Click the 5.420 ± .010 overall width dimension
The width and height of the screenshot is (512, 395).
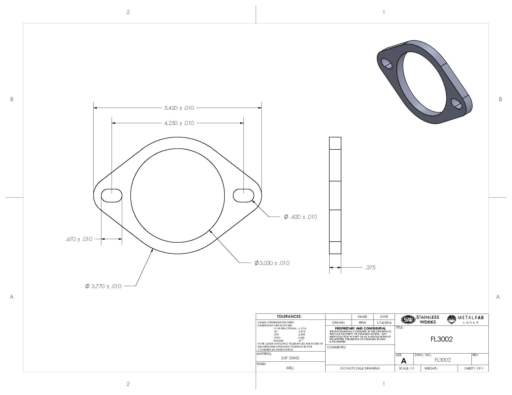[x=179, y=108]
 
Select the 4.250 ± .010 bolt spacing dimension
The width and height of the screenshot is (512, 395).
[x=179, y=123]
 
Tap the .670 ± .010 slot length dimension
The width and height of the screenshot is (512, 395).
[x=79, y=239]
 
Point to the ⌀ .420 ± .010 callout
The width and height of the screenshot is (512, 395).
[x=300, y=217]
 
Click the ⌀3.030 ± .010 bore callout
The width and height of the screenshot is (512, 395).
[x=272, y=263]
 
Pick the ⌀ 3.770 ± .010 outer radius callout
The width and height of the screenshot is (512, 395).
[x=103, y=286]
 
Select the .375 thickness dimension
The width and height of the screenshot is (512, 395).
[x=370, y=268]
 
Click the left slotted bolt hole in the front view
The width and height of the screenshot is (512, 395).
[x=112, y=195]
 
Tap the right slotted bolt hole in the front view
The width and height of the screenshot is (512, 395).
[x=243, y=195]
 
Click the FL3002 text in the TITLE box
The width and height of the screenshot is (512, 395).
[x=441, y=339]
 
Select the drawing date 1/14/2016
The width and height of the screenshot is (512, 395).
[x=384, y=323]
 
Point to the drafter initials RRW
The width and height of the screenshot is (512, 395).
[x=362, y=323]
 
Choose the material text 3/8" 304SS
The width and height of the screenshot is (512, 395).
[x=290, y=358]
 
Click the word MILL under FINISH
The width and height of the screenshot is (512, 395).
[x=290, y=368]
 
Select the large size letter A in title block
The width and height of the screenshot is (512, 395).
[x=403, y=361]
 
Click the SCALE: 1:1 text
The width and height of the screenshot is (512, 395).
[x=407, y=368]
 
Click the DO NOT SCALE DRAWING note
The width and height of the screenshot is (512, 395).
[x=360, y=368]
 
